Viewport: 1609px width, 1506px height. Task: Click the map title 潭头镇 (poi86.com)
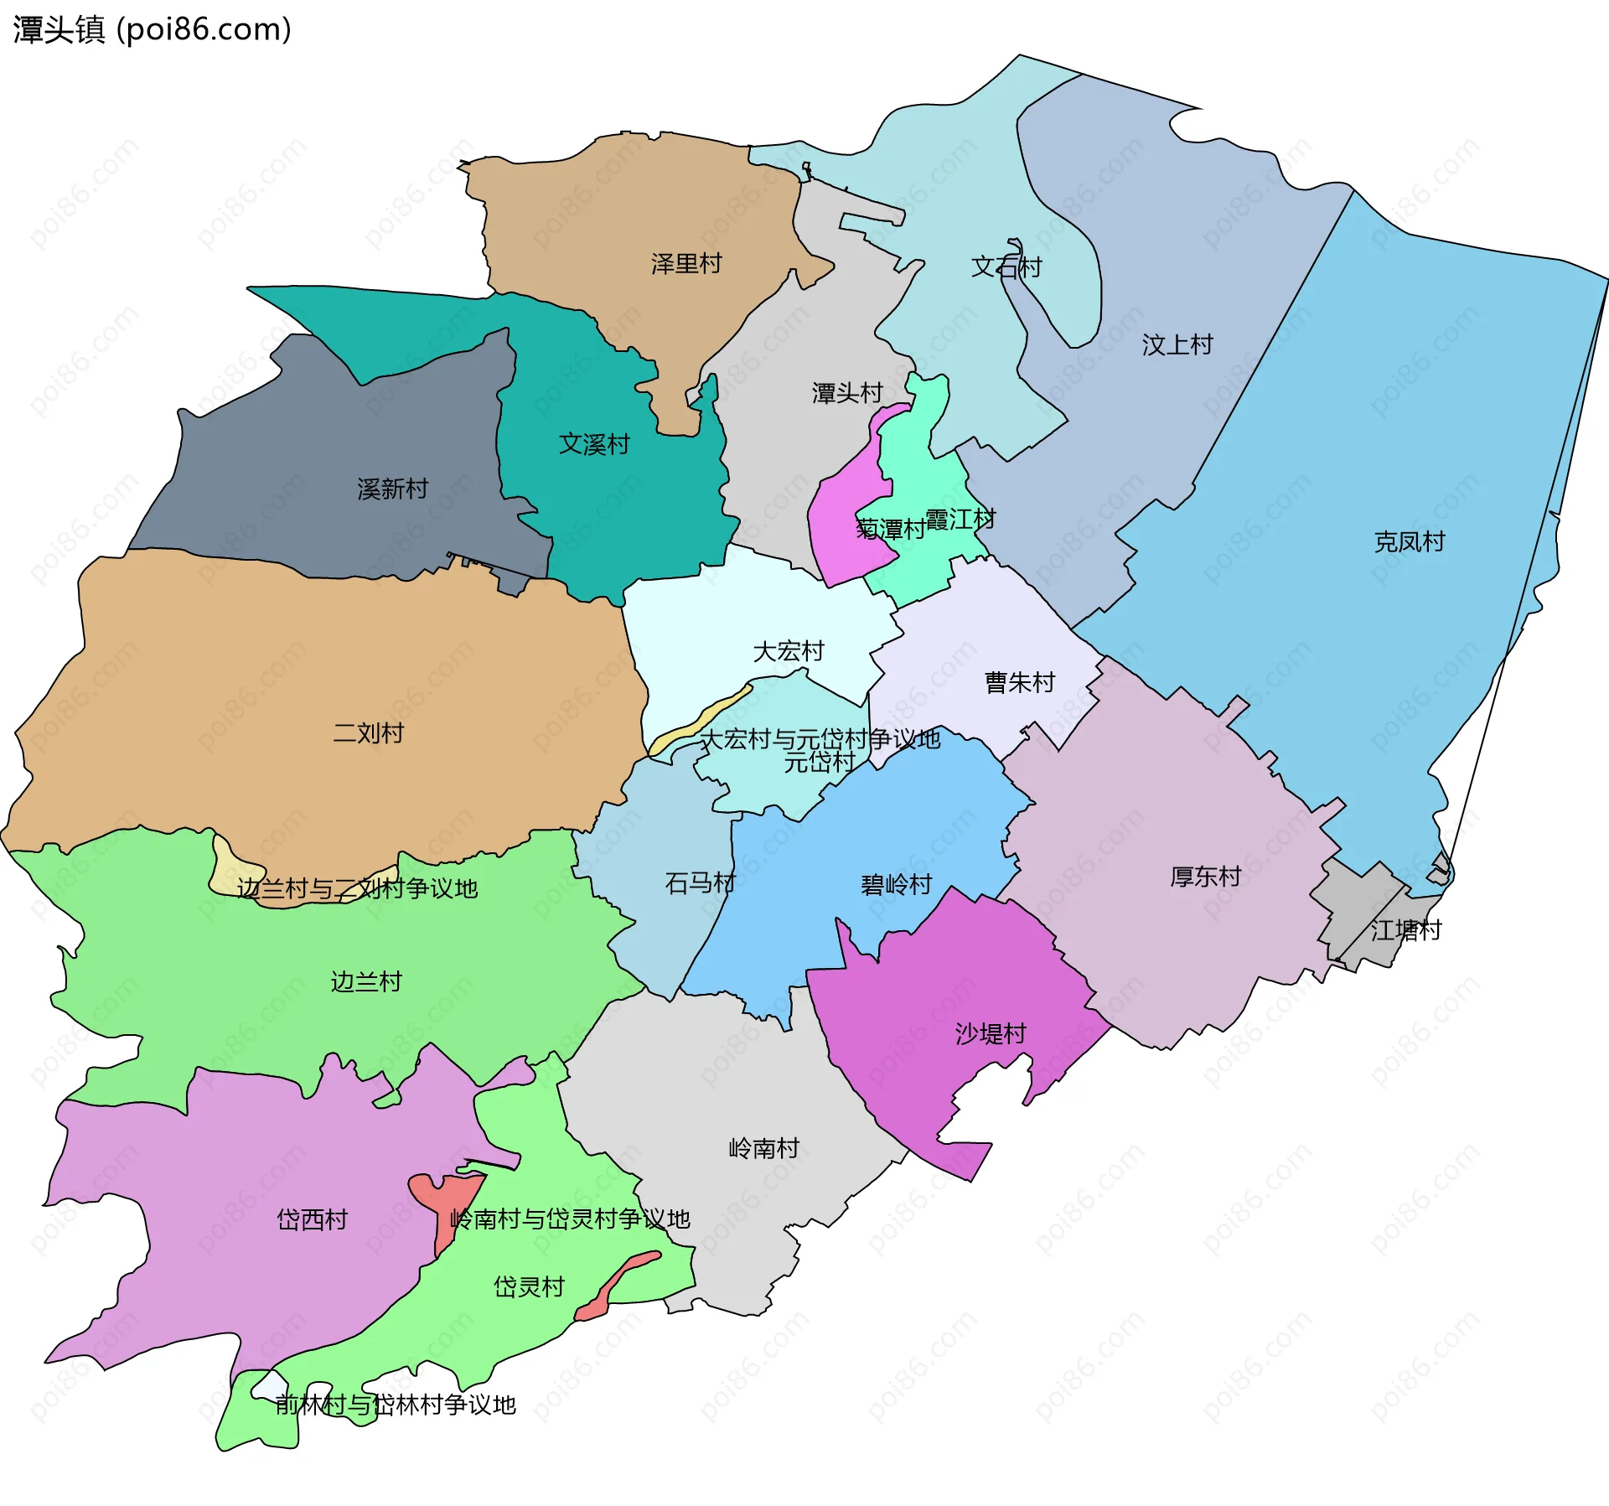pyautogui.click(x=152, y=29)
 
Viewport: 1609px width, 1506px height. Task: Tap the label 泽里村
pyautogui.click(x=686, y=264)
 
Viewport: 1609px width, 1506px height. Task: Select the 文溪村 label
pyautogui.click(x=594, y=444)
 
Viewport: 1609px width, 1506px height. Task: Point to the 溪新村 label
pyautogui.click(x=392, y=489)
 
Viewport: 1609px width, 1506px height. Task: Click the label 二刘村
pyautogui.click(x=368, y=733)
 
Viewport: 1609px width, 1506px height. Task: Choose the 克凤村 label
pyautogui.click(x=1410, y=542)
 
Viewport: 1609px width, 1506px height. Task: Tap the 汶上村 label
pyautogui.click(x=1177, y=344)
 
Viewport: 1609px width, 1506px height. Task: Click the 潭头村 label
pyautogui.click(x=847, y=393)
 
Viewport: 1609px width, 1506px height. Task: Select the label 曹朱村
pyautogui.click(x=1019, y=683)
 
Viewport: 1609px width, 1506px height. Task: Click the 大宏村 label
pyautogui.click(x=788, y=651)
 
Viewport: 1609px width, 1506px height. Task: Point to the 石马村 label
pyautogui.click(x=700, y=883)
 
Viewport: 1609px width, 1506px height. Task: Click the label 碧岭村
pyautogui.click(x=896, y=885)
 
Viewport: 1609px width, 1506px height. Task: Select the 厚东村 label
pyautogui.click(x=1205, y=877)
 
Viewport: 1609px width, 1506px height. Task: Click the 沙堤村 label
pyautogui.click(x=991, y=1034)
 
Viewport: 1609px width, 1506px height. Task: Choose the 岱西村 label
pyautogui.click(x=312, y=1219)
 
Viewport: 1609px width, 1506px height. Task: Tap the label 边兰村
pyautogui.click(x=366, y=981)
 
